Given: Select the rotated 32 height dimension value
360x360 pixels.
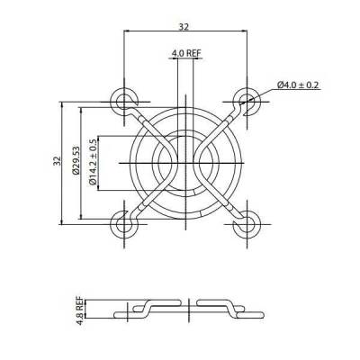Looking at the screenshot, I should (56, 162).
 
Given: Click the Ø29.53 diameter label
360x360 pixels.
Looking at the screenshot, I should (76, 162).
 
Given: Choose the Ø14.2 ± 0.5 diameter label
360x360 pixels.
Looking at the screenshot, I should (94, 162).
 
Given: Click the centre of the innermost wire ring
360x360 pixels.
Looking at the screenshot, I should (185, 163).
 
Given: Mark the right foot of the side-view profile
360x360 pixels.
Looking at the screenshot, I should (251, 314).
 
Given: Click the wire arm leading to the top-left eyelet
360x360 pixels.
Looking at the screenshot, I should (144, 121).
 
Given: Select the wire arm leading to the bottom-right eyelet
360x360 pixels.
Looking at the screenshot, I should (225, 203).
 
